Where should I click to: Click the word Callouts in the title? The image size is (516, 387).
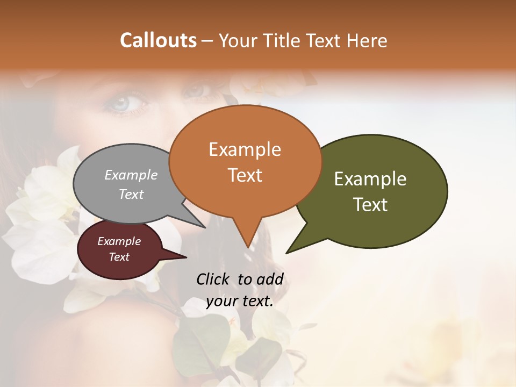158,40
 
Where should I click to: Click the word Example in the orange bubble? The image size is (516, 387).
245,149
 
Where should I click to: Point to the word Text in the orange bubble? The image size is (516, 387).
245,175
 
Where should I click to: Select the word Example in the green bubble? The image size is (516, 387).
370,178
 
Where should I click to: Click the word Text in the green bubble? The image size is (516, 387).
370,204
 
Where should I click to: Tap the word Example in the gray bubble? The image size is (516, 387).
131,175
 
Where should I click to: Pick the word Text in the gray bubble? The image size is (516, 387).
131,194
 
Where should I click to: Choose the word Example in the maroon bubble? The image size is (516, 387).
119,241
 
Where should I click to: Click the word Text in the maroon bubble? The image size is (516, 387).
119,257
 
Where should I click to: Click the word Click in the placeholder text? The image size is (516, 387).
214,279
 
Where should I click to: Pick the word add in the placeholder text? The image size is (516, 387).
271,279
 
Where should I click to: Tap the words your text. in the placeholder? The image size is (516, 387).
240,301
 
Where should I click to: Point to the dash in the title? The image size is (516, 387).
207,40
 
